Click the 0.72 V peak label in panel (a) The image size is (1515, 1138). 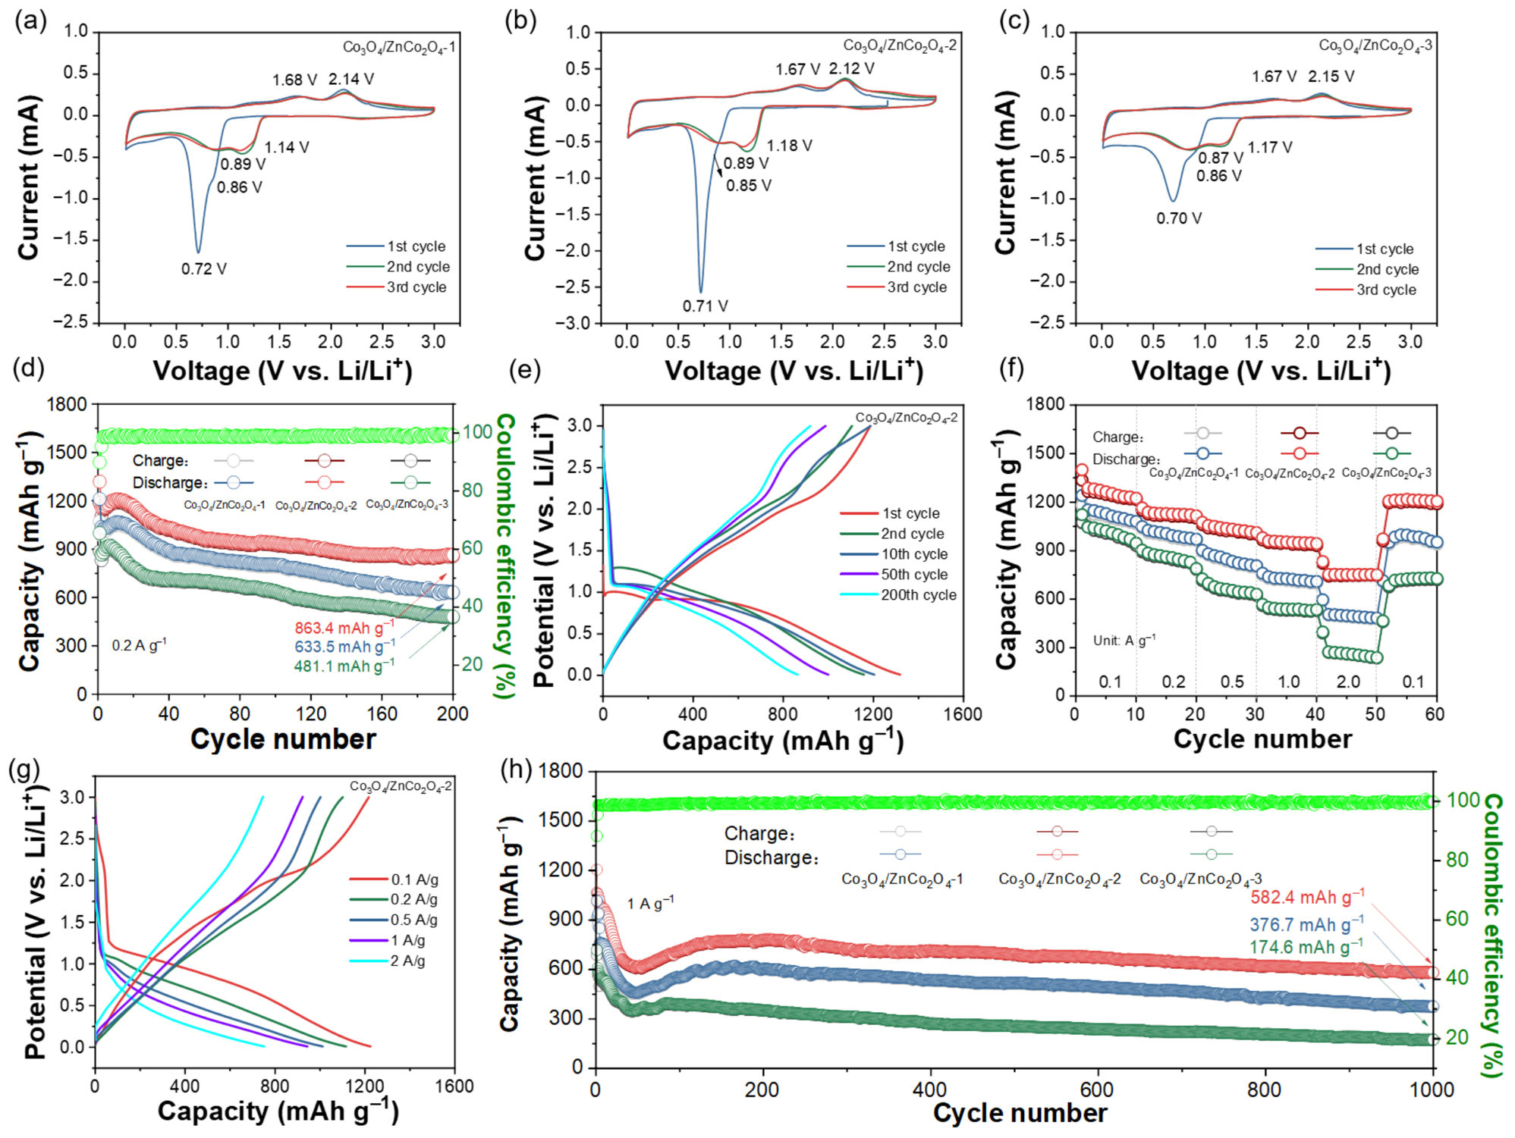203,268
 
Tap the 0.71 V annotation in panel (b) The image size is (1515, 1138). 705,306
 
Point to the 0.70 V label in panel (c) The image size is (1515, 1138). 1179,218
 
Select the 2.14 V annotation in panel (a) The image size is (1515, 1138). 350,79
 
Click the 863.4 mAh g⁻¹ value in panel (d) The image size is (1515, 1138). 344,627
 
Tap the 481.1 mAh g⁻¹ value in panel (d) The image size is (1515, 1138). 344,666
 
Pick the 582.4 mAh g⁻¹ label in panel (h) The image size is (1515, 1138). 1307,897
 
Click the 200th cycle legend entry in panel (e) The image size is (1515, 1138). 898,595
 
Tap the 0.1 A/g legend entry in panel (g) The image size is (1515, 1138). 394,879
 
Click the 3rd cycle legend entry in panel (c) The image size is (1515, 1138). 1366,290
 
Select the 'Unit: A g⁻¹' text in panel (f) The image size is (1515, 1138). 1124,640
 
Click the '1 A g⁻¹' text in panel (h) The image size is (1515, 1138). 650,903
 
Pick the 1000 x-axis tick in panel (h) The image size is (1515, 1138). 1433,1089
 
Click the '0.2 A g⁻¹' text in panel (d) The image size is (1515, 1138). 139,645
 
